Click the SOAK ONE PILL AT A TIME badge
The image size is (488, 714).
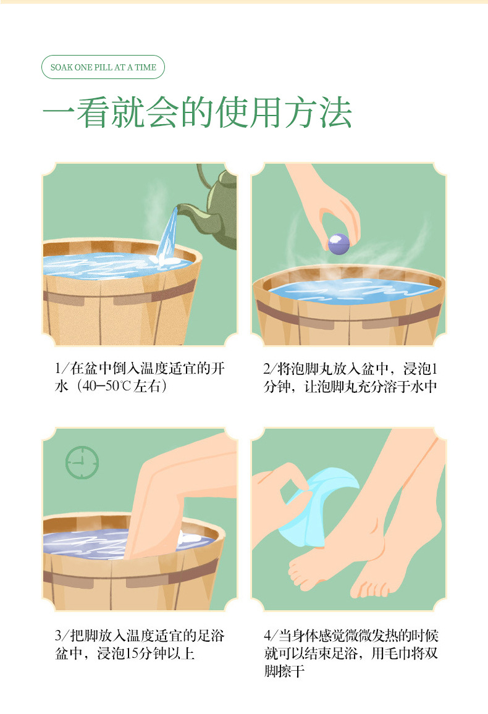tap(103, 67)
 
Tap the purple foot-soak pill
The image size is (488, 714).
tap(339, 243)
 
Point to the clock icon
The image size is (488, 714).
tap(82, 462)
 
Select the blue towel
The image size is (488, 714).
tap(314, 505)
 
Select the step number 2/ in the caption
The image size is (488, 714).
tap(269, 368)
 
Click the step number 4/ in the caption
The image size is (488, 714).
tap(271, 635)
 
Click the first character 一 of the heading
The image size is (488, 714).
tap(59, 112)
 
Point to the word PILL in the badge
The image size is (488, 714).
tap(103, 67)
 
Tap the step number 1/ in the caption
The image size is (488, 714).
tap(61, 368)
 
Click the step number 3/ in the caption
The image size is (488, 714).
tap(61, 635)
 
